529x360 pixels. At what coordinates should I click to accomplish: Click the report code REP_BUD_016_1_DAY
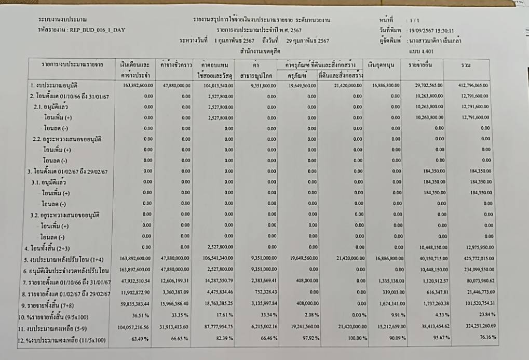(96, 30)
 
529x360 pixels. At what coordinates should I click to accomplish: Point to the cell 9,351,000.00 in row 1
(262, 85)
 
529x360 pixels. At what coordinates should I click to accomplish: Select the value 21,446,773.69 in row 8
(474, 294)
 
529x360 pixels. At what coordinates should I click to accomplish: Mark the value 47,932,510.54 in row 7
(137, 282)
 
